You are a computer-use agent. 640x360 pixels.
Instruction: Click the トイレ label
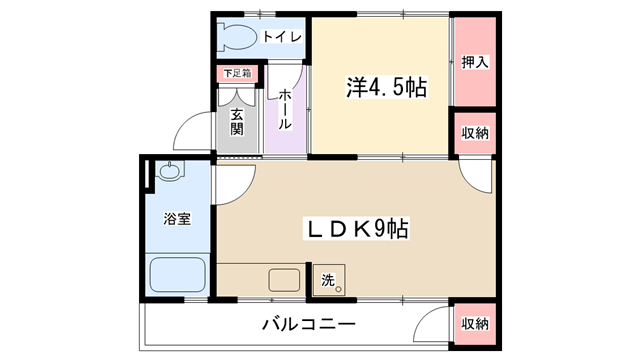(282, 37)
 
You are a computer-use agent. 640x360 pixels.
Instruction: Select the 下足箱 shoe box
(237, 73)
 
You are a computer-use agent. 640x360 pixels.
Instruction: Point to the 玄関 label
(237, 122)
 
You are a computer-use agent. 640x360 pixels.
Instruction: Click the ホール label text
(285, 109)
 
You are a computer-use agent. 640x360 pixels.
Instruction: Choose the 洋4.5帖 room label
(387, 87)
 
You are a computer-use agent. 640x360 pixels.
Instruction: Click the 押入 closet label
(475, 62)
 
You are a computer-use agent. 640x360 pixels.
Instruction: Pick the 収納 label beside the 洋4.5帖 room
(475, 133)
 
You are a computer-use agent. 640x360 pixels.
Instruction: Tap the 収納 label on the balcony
(475, 324)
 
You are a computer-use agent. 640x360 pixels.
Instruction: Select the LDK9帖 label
(356, 229)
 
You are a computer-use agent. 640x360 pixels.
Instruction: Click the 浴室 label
(177, 219)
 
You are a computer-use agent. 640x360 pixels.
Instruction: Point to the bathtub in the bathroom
(178, 274)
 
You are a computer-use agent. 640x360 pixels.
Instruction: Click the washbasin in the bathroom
(169, 171)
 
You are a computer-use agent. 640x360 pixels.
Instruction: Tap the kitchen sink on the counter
(284, 280)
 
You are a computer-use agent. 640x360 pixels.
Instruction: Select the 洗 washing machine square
(329, 280)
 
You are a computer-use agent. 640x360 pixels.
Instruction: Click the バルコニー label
(309, 324)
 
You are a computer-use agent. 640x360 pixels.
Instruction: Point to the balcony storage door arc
(425, 316)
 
